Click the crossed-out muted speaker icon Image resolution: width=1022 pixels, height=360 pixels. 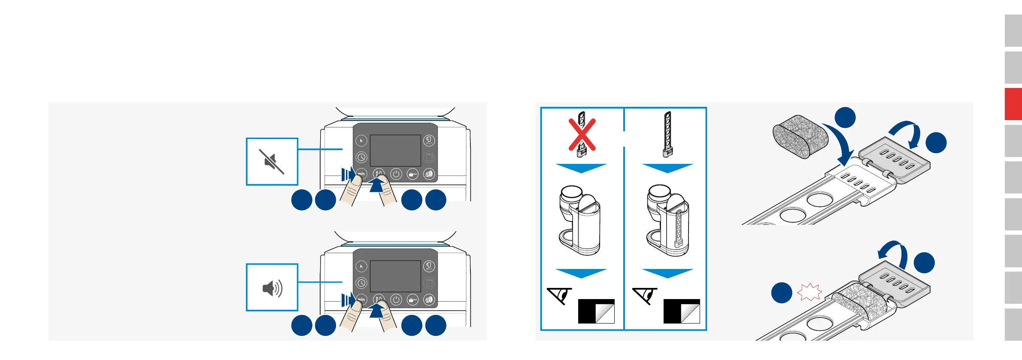click(272, 162)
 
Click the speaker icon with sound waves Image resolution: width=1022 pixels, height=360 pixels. click(272, 288)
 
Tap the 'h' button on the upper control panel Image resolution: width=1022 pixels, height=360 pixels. click(361, 141)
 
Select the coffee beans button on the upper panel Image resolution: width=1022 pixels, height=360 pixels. click(429, 174)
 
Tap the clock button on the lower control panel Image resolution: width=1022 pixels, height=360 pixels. click(361, 283)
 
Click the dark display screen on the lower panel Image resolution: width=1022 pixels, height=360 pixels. click(395, 276)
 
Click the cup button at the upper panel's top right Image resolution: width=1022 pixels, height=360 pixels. click(429, 141)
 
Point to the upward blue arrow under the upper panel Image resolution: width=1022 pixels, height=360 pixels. click(377, 186)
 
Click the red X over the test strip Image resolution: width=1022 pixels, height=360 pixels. click(582, 135)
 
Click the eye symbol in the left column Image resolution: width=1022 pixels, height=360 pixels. click(560, 295)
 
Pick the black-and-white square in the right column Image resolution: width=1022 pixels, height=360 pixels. click(682, 311)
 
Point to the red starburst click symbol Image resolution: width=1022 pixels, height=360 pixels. click(809, 292)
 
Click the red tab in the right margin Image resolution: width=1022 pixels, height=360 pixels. click(1013, 104)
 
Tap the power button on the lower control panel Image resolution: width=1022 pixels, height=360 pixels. click(396, 299)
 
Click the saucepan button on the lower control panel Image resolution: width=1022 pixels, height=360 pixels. click(412, 299)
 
